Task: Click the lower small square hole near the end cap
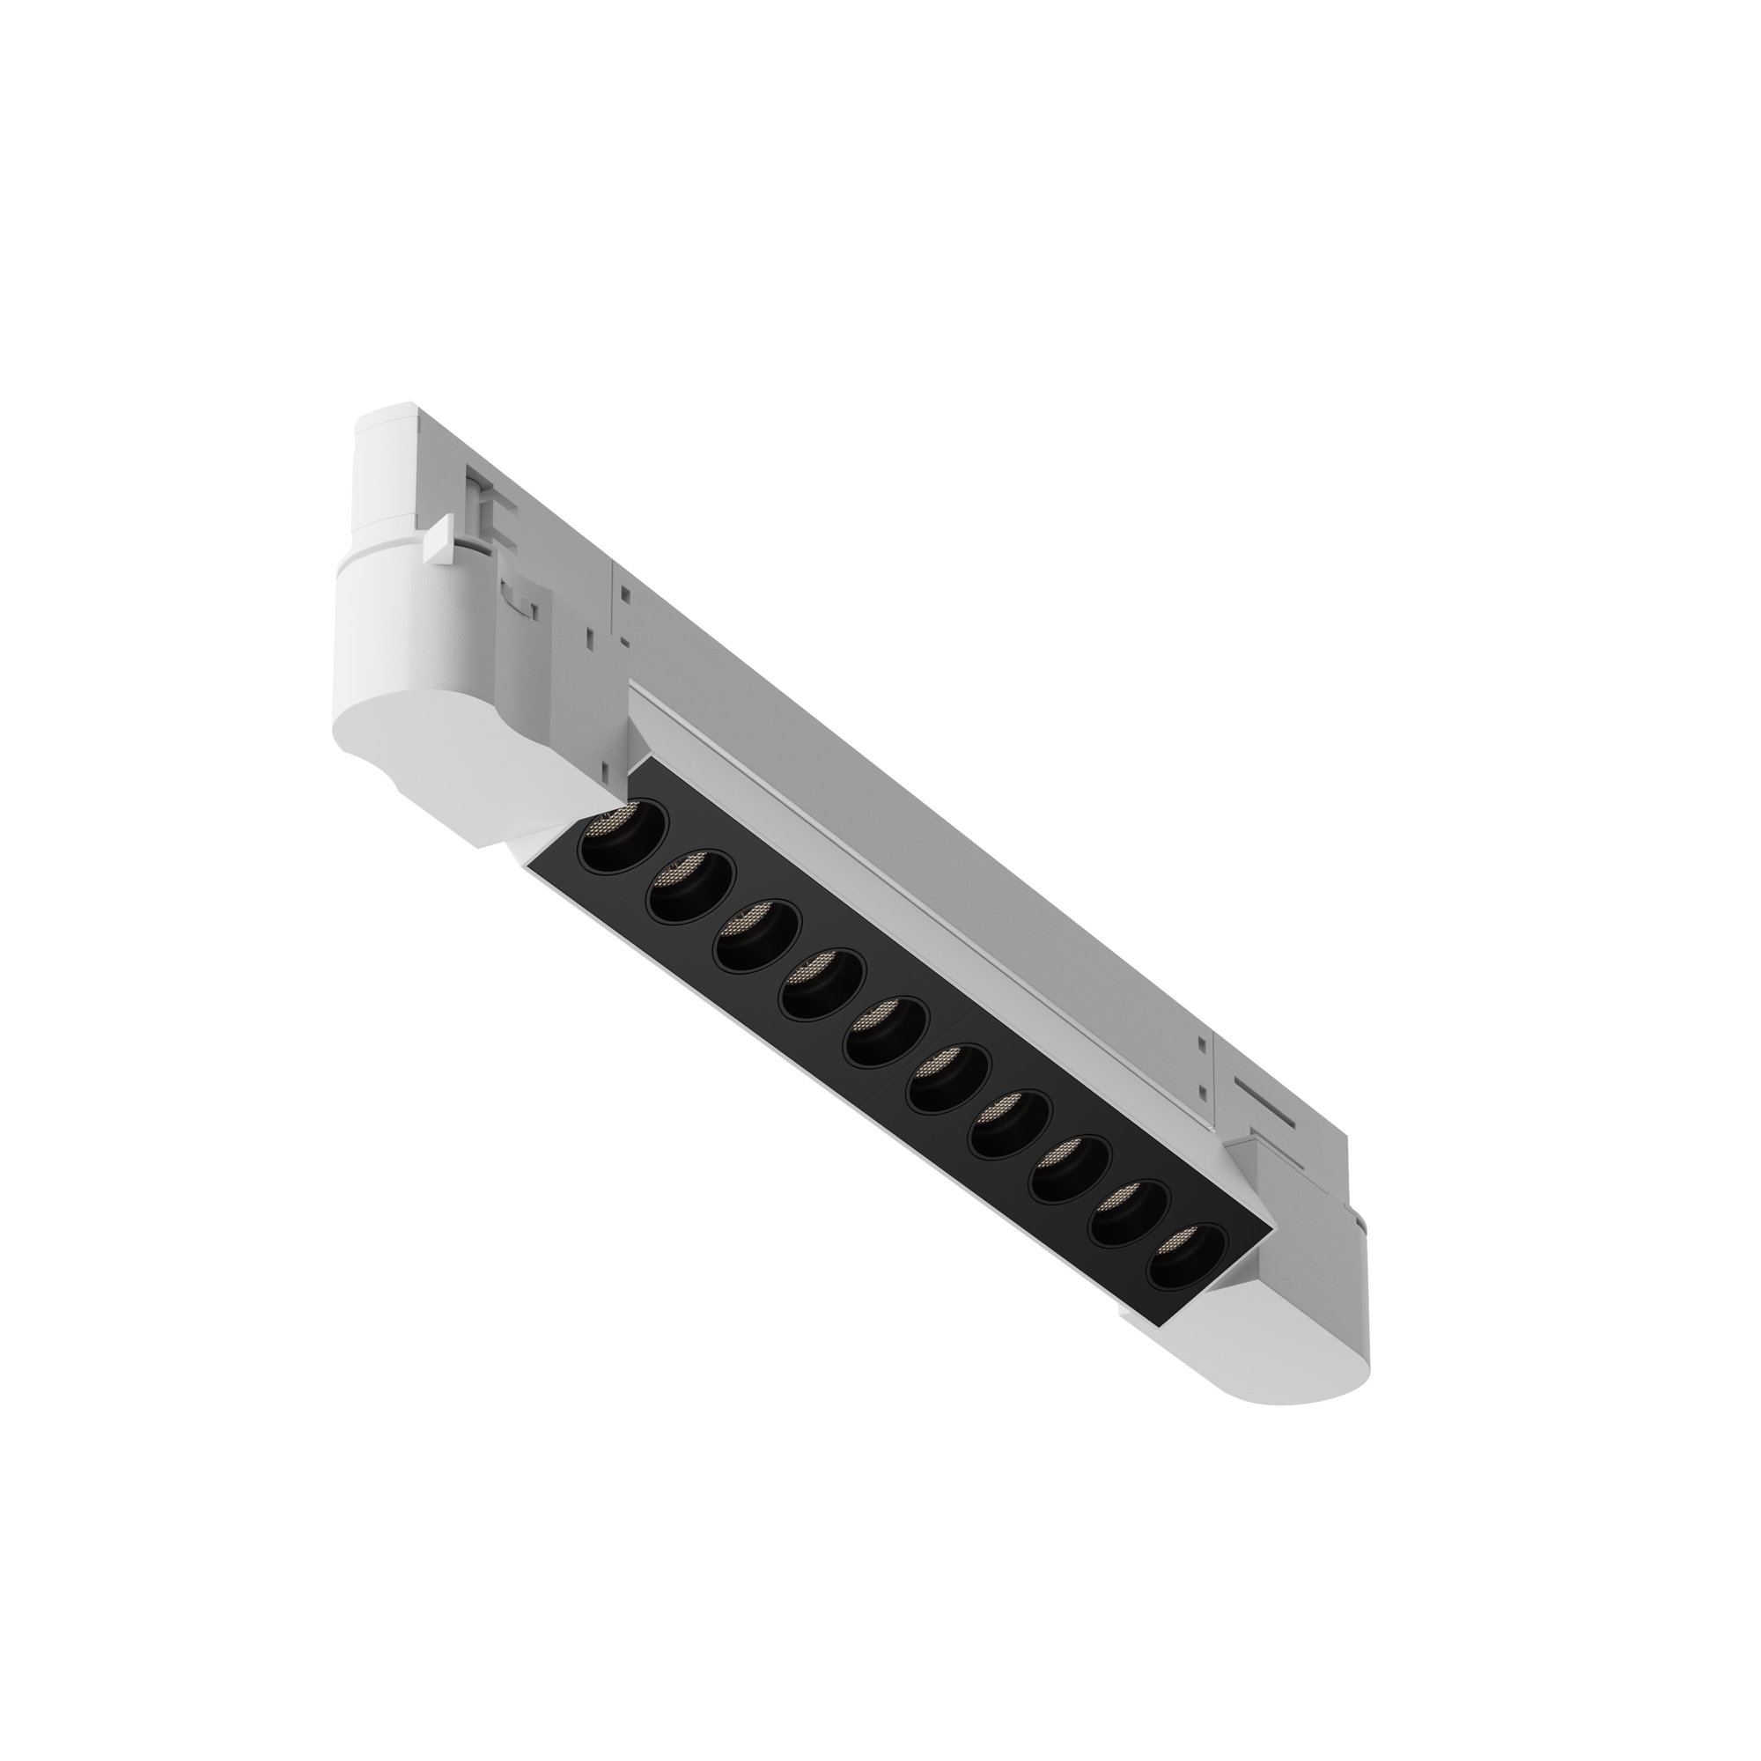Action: pyautogui.click(x=1205, y=1092)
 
